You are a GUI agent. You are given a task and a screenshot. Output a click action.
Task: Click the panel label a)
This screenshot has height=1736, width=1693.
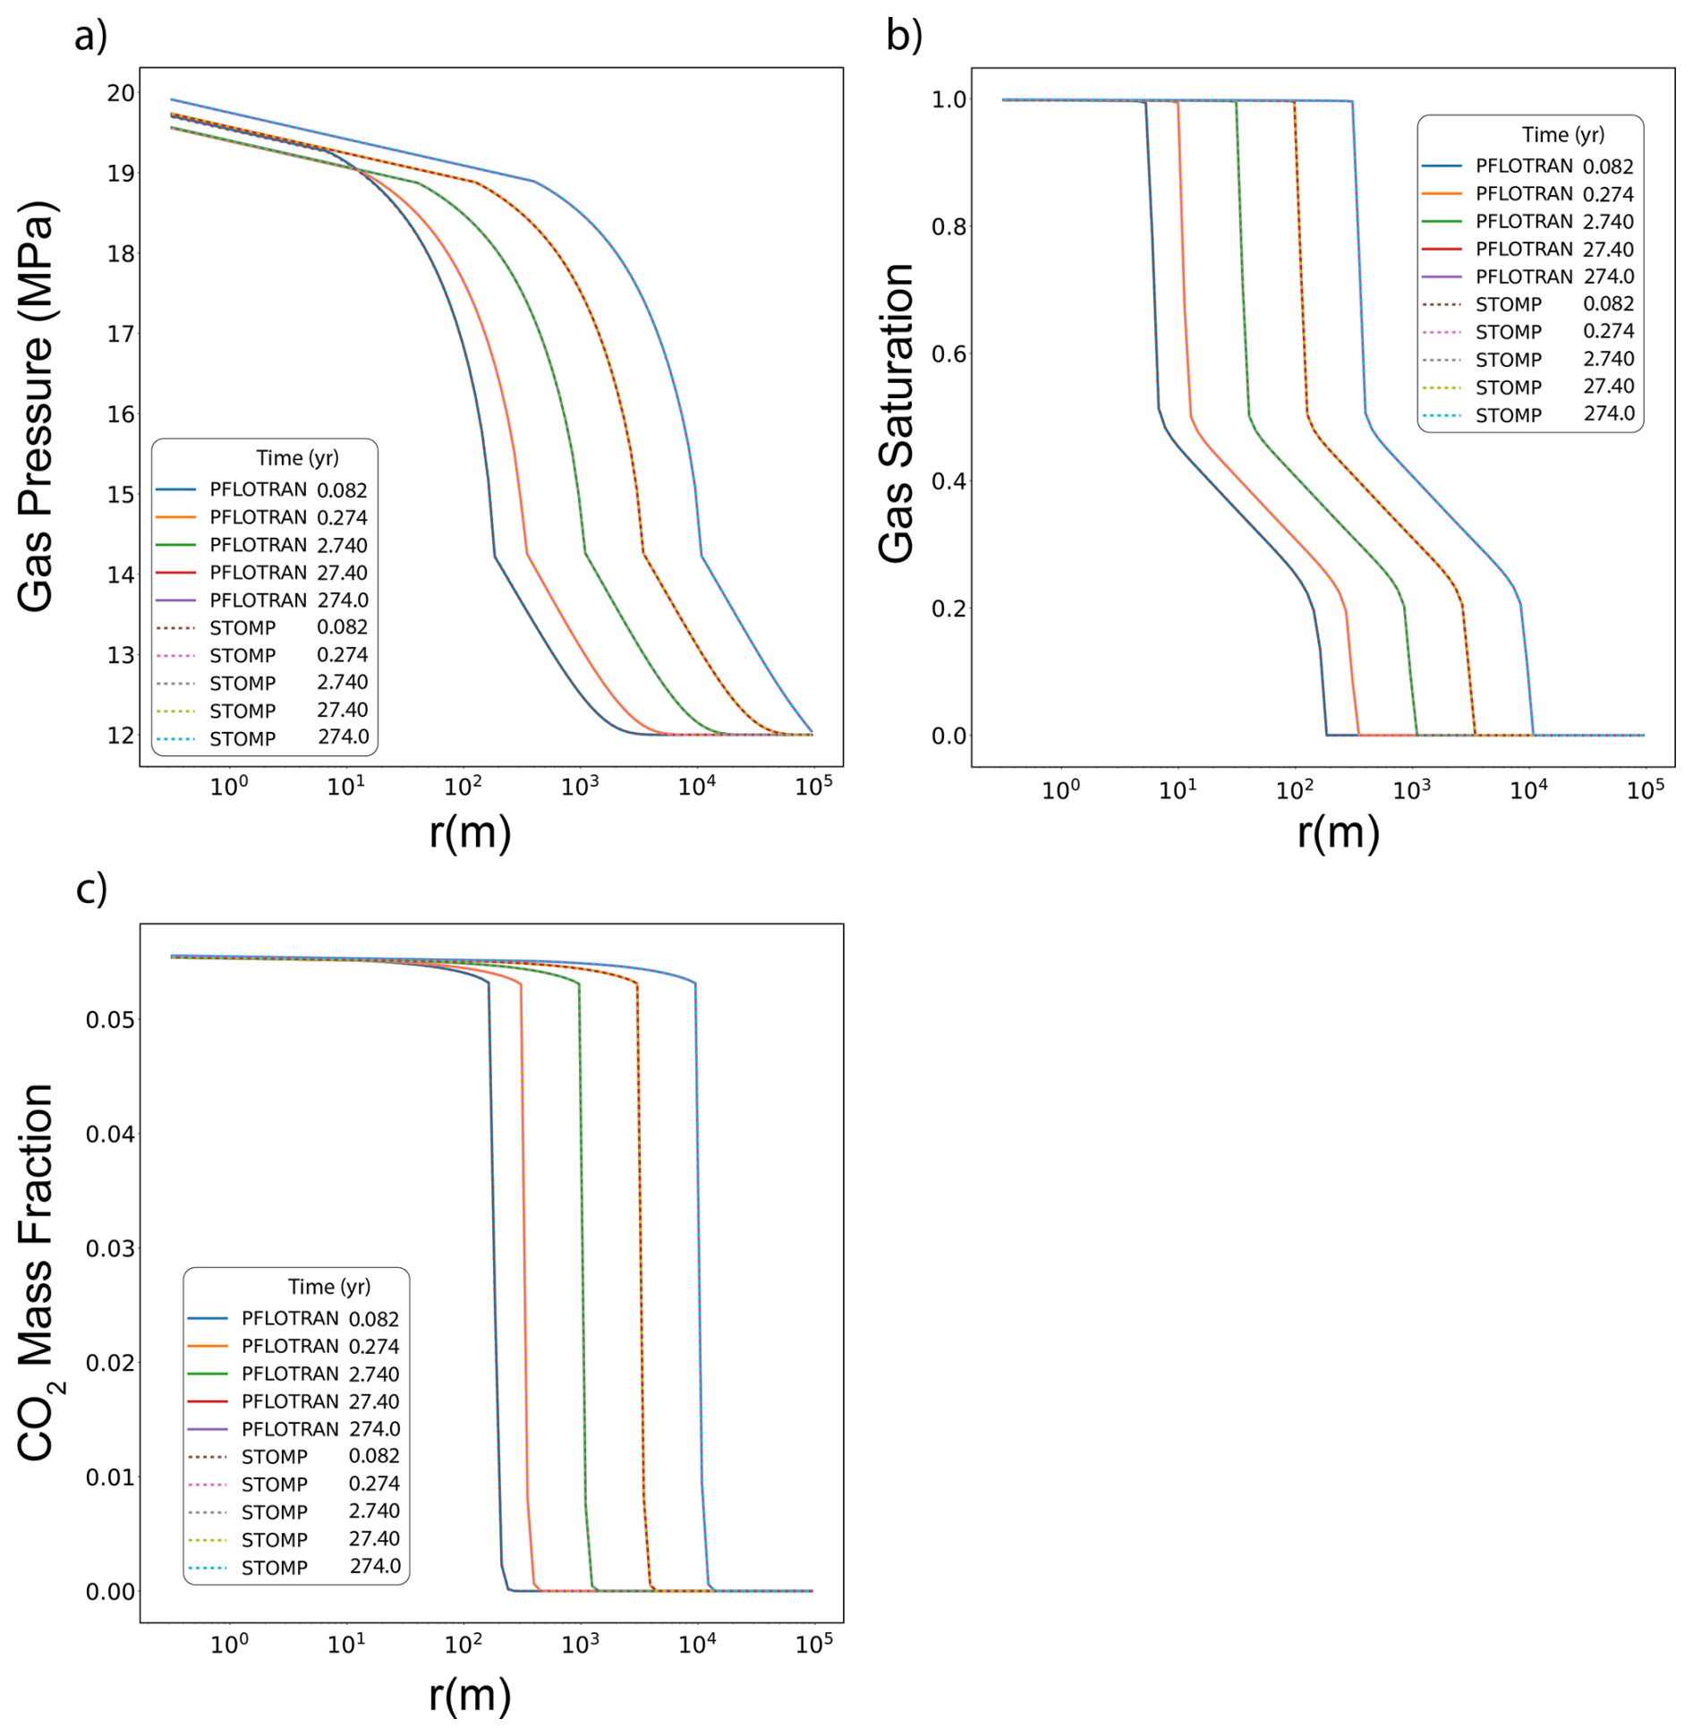[90, 37]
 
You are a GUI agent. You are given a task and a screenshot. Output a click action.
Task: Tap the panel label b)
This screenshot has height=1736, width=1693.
[904, 37]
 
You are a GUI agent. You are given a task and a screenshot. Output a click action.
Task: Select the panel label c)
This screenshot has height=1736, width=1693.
[90, 889]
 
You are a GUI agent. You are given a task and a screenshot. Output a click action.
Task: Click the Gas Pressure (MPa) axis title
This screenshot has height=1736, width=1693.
[36, 407]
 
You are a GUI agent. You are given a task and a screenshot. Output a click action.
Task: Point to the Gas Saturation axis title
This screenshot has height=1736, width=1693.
[897, 413]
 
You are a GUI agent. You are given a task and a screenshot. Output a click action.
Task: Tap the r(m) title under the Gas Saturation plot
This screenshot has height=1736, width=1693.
[1338, 833]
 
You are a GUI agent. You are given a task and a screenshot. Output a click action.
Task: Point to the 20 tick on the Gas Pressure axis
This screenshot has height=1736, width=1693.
[121, 93]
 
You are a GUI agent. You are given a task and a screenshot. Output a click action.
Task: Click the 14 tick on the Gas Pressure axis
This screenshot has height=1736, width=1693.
[121, 574]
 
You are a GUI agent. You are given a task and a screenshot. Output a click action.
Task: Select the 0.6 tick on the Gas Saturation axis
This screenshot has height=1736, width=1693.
[949, 354]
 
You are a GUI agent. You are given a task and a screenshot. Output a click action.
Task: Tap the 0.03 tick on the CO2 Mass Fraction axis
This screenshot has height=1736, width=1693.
[110, 1248]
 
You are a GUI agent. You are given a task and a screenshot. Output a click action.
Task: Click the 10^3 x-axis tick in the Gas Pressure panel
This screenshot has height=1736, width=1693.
[580, 787]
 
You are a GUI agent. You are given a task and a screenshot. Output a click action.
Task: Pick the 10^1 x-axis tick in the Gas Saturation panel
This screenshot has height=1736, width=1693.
[1178, 790]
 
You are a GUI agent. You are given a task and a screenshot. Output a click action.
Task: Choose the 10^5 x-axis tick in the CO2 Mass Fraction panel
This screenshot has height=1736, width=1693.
[813, 1643]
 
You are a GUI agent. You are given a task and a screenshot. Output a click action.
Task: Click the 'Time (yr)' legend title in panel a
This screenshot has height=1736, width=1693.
[297, 458]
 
